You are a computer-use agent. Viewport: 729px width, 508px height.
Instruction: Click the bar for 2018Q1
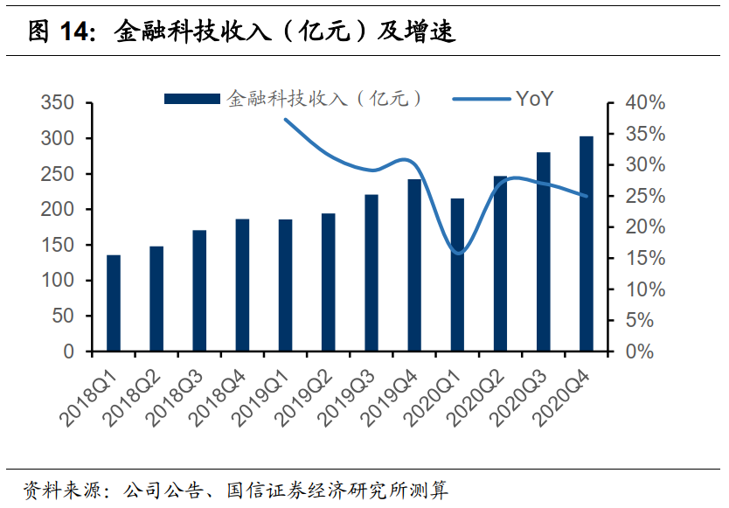(x=114, y=303)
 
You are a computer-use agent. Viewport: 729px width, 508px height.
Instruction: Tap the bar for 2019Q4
(x=414, y=265)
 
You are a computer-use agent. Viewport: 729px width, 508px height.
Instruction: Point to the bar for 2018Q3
(x=199, y=290)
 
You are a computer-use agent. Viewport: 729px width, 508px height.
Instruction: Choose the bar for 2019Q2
(x=328, y=282)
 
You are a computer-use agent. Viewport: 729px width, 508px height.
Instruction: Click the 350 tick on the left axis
(x=57, y=103)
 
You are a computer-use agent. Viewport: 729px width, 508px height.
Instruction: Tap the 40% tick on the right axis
(x=645, y=103)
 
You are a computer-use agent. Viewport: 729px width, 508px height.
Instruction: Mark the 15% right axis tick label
(x=645, y=258)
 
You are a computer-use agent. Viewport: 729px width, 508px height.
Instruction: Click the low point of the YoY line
(x=458, y=254)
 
